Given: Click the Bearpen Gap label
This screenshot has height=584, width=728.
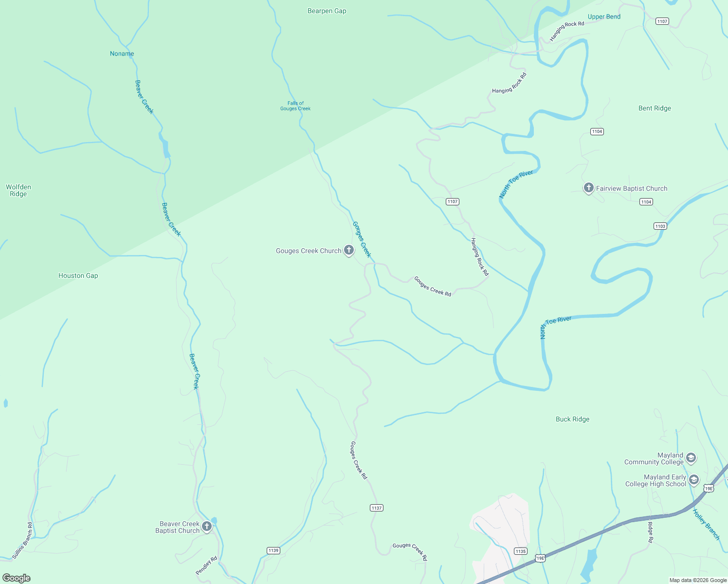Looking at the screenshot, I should tap(327, 11).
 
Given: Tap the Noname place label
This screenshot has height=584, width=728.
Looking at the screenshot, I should tap(122, 54).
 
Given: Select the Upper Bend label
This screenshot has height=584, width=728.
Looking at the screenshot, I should tap(604, 17).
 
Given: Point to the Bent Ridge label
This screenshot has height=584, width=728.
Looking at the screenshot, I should tap(655, 108).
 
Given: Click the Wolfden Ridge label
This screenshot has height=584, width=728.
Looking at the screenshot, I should tap(18, 190).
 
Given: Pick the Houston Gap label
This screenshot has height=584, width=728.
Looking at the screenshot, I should tap(78, 275).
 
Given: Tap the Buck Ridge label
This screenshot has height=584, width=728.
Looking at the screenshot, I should tap(572, 419).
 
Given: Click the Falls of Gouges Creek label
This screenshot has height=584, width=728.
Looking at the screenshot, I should tap(295, 106).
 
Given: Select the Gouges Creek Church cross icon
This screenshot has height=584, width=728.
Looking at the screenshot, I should tap(348, 250).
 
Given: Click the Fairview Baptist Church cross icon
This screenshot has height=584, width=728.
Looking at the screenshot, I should tap(588, 188).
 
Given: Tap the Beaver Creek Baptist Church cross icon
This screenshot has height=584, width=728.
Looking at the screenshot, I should tap(207, 526).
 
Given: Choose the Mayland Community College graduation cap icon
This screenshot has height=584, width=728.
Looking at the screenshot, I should tap(691, 458).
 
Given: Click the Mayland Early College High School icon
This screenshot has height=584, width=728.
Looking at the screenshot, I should tap(693, 480).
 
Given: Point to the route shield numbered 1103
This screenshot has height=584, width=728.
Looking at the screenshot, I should tap(660, 226).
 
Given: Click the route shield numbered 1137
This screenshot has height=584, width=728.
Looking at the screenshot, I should tap(377, 508).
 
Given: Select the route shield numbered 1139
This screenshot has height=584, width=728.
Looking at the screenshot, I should tap(273, 550).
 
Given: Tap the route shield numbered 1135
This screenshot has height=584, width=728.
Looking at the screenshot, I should tap(520, 551).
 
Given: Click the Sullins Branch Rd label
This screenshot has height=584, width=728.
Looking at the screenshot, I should tap(23, 540).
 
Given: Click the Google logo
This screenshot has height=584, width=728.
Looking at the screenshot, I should tap(17, 578).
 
